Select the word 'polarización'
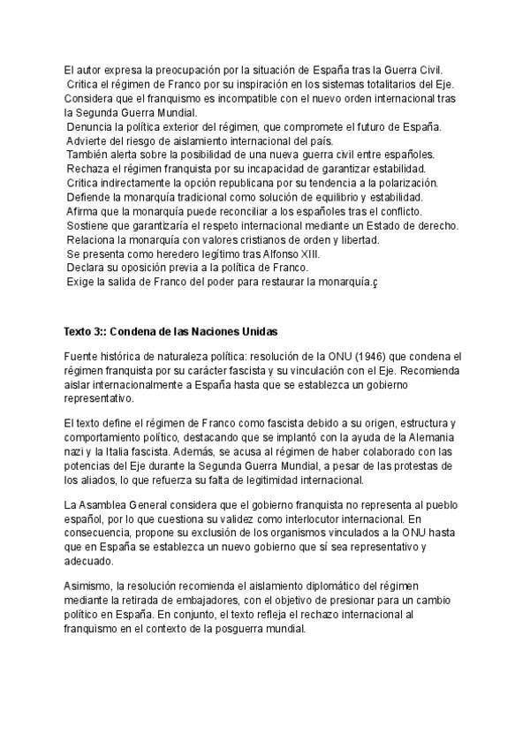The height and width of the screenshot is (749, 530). pyautogui.click(x=407, y=183)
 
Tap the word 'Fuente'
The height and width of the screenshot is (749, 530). pyautogui.click(x=81, y=357)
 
